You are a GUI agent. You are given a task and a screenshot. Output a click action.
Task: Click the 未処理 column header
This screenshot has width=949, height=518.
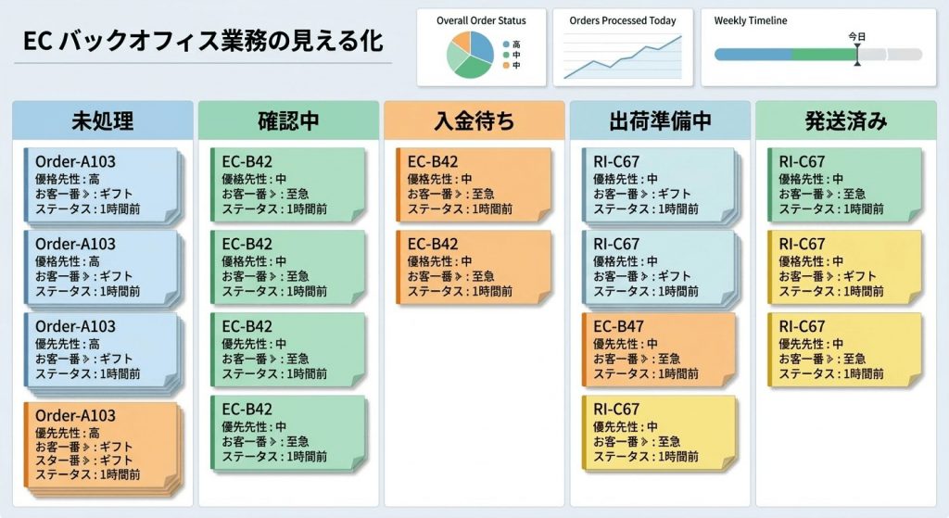point(103,121)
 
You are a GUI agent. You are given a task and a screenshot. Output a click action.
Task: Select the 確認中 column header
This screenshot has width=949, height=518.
point(288,121)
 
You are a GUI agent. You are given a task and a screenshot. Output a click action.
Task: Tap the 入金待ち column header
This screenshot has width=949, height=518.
point(474,121)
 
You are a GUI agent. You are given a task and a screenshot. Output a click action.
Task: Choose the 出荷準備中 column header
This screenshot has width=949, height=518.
point(660,121)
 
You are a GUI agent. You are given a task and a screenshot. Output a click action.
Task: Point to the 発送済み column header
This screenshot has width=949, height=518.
point(846,121)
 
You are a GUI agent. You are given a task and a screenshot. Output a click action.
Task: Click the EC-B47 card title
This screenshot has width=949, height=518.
point(618,327)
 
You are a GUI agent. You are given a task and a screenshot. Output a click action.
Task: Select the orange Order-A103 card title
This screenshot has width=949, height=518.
point(75,416)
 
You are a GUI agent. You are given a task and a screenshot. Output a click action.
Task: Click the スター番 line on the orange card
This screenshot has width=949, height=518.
point(84,461)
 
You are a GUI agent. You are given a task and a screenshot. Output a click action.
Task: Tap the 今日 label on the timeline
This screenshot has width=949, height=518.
point(857,37)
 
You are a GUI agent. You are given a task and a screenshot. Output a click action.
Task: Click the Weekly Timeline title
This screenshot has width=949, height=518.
point(751,20)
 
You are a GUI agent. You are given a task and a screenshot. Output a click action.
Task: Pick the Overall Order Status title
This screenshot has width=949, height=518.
point(481,20)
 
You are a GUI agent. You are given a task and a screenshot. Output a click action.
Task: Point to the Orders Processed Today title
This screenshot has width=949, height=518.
point(622,20)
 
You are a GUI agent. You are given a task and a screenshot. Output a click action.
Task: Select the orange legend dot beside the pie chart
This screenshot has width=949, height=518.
point(505,66)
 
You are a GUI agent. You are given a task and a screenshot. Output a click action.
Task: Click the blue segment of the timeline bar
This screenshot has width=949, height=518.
point(753,55)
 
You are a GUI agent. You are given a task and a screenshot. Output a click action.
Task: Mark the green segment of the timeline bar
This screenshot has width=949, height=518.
point(823,55)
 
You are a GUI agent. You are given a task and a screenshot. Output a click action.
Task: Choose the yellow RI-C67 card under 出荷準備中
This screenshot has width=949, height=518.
point(659,432)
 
